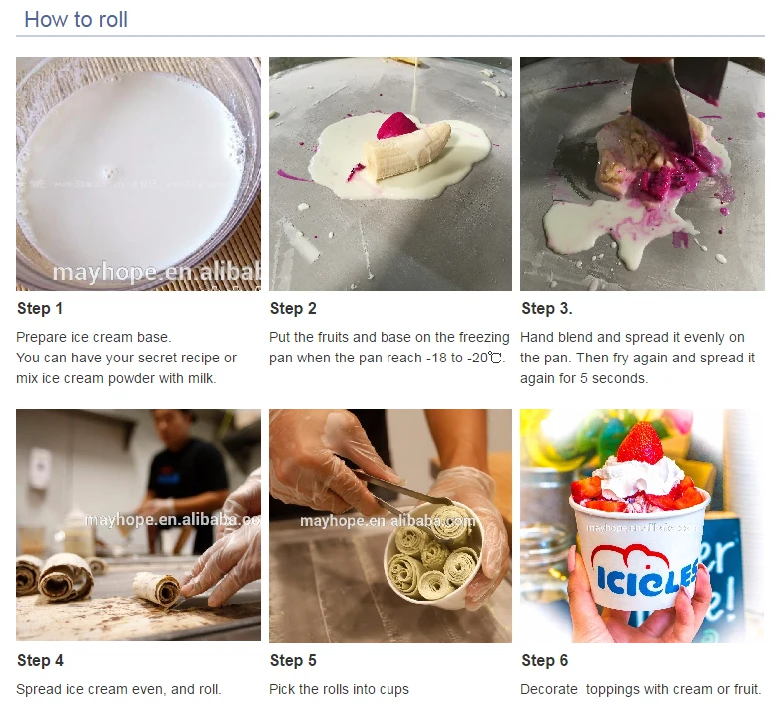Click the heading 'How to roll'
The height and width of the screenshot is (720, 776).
(76, 19)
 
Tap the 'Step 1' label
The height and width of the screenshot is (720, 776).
(40, 308)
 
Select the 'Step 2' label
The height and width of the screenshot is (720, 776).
(292, 308)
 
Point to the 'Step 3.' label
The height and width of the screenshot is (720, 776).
(546, 308)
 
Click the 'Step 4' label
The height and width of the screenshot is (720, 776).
(40, 660)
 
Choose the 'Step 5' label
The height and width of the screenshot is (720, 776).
(292, 660)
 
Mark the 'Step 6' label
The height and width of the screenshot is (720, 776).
(544, 660)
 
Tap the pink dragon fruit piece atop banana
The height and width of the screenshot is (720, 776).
(396, 127)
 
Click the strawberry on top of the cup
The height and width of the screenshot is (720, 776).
(639, 442)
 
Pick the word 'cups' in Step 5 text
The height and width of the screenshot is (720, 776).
(392, 689)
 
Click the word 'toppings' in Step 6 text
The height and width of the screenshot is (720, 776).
(615, 689)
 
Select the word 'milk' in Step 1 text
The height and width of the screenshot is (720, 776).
(201, 378)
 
